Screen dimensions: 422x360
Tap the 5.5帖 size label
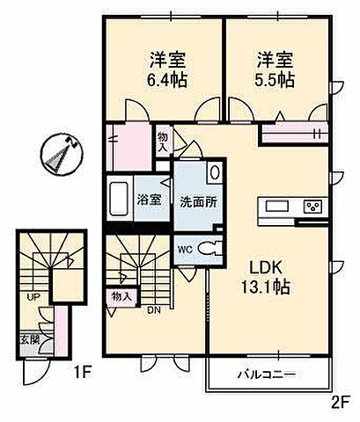276,79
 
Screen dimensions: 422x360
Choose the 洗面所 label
199,200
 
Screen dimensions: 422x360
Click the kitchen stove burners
312,208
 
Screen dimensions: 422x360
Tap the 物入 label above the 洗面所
164,142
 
